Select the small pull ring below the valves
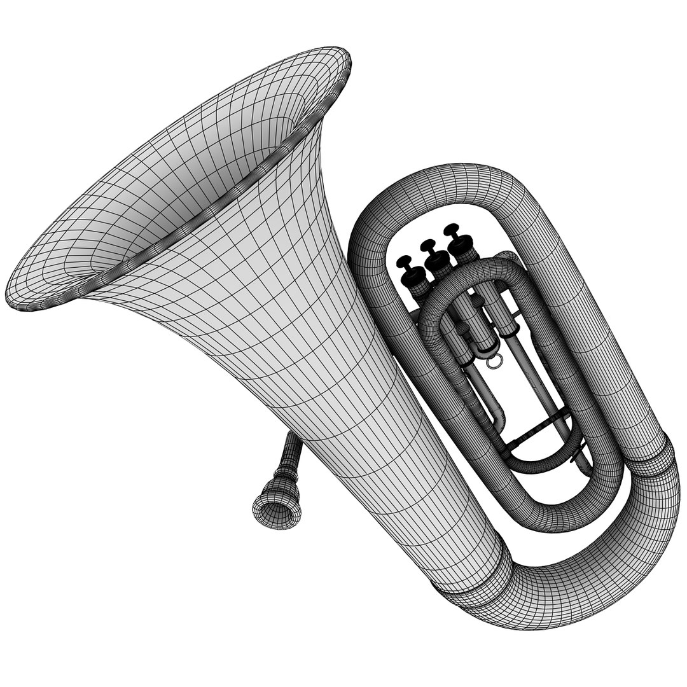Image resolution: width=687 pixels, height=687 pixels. pos(494,361)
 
